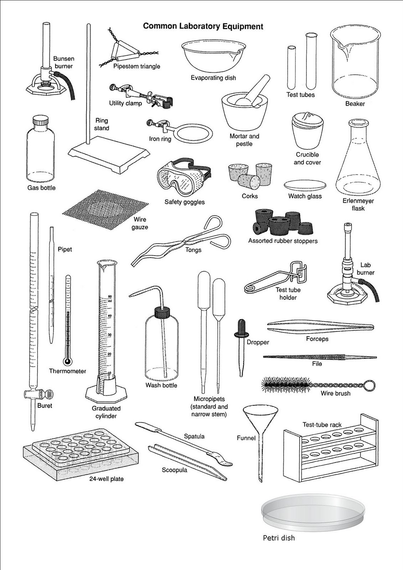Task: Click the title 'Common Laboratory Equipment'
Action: point(203,26)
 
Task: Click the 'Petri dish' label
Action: point(279,538)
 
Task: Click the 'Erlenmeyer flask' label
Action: point(358,204)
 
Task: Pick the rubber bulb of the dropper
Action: point(241,325)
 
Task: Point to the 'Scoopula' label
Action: point(174,470)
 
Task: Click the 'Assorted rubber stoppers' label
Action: point(283,241)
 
